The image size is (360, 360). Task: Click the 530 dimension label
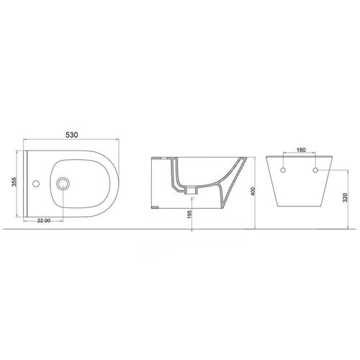coord(72,135)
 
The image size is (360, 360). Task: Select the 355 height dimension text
coord(14,183)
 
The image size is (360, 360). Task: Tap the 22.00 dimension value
coord(44,220)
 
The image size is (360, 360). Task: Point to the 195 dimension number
coord(189,214)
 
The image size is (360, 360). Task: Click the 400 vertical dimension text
coord(253,192)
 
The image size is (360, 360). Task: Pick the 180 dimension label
coord(301,150)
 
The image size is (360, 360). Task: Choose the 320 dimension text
coord(346,197)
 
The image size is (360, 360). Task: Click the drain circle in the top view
coord(63,184)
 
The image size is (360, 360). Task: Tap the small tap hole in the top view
coord(36,184)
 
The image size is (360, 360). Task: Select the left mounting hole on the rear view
coord(283,170)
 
